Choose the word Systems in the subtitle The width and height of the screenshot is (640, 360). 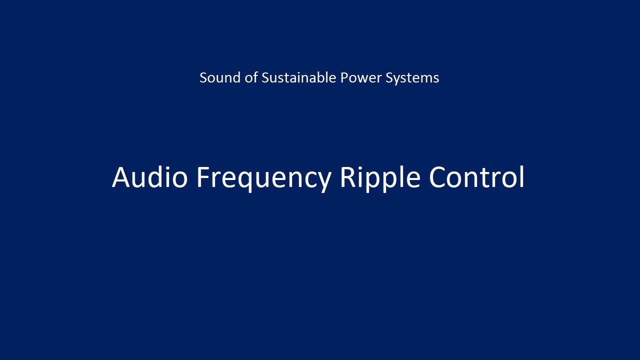point(412,77)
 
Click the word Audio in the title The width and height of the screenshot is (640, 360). point(149,177)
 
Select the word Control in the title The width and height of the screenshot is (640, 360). point(477,177)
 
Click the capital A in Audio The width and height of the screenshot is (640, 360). point(121,177)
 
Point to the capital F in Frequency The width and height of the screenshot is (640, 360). point(203,177)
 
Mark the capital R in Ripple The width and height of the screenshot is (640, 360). point(349,177)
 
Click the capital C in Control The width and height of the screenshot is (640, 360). point(438,177)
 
